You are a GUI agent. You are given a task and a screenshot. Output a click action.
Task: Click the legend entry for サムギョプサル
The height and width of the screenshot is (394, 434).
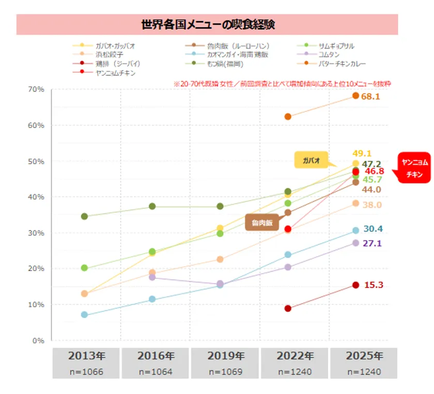[336, 46]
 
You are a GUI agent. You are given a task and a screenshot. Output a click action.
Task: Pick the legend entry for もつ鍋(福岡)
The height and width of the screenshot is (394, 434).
[225, 64]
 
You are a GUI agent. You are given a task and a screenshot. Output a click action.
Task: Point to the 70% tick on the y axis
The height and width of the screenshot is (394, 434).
[36, 89]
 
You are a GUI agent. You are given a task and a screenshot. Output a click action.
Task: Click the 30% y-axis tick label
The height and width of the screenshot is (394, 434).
[36, 233]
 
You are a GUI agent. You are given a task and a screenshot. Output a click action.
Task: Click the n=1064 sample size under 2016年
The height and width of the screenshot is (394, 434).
[156, 372]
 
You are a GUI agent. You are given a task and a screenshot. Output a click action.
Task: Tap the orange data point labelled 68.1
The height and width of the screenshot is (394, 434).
[355, 96]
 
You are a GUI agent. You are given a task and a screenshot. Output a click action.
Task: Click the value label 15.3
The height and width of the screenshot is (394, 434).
[374, 285]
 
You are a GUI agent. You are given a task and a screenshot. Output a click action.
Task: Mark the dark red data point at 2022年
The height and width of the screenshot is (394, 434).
[288, 308]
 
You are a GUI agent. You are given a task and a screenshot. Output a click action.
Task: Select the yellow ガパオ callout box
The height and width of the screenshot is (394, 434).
[312, 161]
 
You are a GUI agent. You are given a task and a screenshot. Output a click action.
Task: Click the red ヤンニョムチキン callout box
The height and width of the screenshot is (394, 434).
[414, 168]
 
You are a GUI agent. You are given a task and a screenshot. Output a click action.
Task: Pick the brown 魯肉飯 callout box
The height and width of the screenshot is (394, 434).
[262, 223]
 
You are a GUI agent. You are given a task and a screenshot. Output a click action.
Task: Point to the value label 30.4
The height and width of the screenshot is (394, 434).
[373, 229]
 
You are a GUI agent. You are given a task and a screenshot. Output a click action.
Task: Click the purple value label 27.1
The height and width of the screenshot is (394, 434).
[373, 243]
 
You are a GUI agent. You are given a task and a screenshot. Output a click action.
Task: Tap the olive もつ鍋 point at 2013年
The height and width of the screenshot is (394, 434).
[84, 216]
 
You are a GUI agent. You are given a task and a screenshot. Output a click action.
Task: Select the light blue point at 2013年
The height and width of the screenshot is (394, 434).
[84, 314]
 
